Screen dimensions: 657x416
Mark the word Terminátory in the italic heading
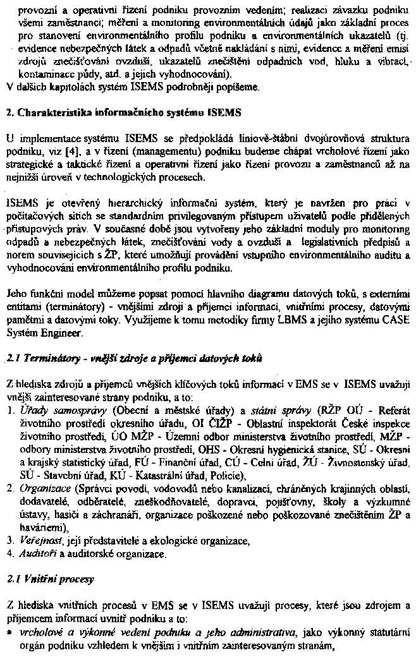[x=45, y=358]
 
